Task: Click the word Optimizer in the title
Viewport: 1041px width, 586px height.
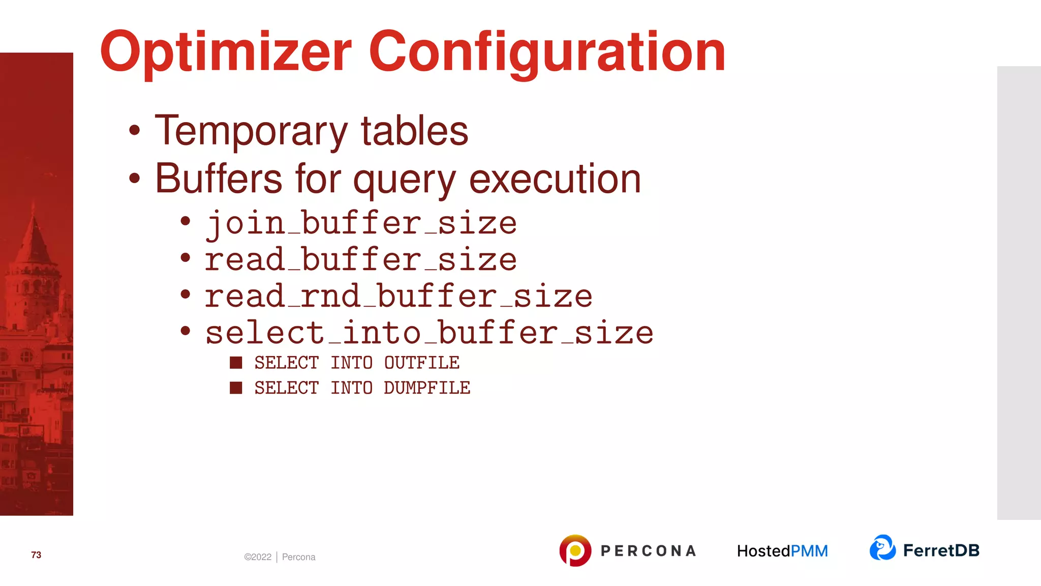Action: (226, 52)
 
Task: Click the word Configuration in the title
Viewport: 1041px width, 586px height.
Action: (547, 52)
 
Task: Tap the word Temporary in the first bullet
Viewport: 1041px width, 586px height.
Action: (251, 131)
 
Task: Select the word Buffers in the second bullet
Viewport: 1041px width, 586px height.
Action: (219, 179)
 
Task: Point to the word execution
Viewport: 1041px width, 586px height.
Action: (555, 179)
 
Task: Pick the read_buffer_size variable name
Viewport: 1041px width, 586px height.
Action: (361, 260)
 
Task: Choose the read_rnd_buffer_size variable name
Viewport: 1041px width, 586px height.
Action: (399, 297)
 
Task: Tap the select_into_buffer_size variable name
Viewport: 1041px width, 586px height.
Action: (429, 333)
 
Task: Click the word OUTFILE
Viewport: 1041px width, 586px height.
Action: (421, 363)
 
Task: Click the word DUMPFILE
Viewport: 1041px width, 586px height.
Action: (426, 388)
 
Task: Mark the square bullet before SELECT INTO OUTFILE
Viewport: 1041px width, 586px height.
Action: (236, 363)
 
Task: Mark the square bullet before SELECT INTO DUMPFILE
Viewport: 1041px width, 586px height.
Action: (236, 388)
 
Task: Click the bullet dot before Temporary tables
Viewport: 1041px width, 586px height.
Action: (134, 130)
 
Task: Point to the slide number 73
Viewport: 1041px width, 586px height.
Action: (36, 555)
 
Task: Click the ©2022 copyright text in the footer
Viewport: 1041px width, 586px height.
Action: (258, 557)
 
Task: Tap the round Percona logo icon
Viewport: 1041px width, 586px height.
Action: (575, 550)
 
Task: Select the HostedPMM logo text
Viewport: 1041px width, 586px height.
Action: (782, 551)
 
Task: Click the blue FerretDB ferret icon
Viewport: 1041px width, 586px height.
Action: (882, 548)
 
